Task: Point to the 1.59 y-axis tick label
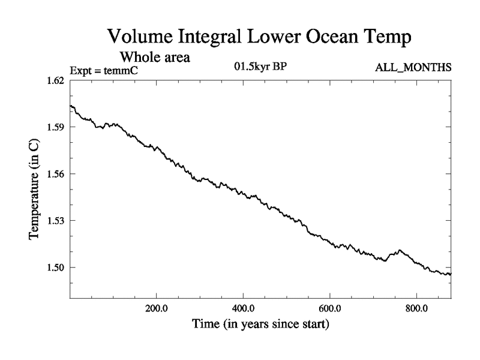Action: (x=55, y=127)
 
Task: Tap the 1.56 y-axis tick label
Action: (x=55, y=174)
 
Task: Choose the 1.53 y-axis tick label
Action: (x=55, y=221)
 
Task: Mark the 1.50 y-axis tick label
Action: (x=55, y=268)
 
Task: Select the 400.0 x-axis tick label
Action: (x=243, y=309)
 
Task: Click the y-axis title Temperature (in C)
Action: (x=34, y=190)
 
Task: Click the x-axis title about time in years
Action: (x=260, y=325)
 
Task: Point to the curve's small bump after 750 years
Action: (x=399, y=251)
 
